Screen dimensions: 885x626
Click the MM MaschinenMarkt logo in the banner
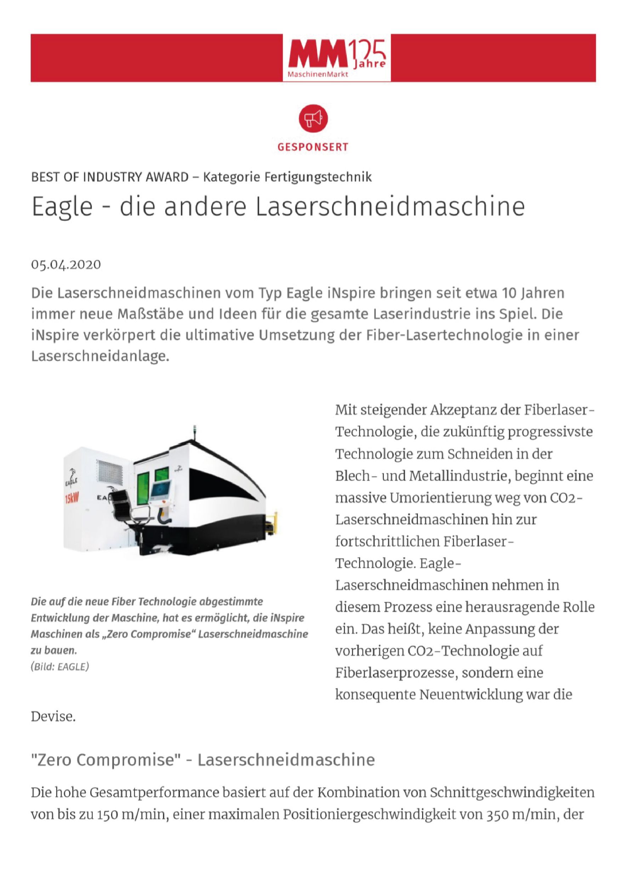[x=336, y=58]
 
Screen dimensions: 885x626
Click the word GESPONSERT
[x=313, y=147]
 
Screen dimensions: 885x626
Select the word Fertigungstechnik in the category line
[x=318, y=177]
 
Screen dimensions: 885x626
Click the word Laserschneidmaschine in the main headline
[x=390, y=207]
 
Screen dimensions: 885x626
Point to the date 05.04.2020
[x=66, y=264]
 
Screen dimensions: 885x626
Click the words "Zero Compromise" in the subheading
[x=106, y=760]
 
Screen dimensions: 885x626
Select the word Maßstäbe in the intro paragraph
[x=148, y=314]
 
